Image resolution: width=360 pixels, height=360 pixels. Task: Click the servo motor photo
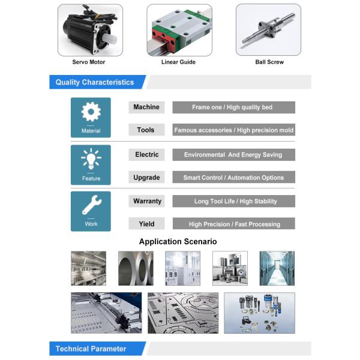[90, 30]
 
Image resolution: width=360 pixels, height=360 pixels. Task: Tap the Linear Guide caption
[178, 62]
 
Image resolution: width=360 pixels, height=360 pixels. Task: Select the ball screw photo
[268, 30]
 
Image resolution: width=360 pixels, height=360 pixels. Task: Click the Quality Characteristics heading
[95, 82]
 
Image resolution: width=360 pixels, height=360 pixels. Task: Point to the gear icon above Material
[91, 112]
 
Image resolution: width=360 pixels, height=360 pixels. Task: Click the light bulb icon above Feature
[91, 158]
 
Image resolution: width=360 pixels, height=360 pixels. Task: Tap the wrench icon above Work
[92, 205]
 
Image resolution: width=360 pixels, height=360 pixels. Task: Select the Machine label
[146, 107]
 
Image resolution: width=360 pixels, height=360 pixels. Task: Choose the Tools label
[146, 130]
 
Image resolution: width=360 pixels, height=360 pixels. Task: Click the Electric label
[146, 155]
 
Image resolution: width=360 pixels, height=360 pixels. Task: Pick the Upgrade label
[146, 177]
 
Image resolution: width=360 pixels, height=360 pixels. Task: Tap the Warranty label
[146, 201]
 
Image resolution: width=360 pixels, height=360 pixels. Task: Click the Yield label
[146, 224]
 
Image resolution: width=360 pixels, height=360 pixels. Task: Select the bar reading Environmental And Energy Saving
[234, 155]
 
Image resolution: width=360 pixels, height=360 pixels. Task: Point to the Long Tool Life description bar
[234, 201]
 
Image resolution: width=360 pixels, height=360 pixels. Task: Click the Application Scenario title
[178, 242]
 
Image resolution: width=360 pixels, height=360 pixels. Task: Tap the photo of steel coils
[136, 268]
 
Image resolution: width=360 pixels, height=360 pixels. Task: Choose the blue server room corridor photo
[277, 268]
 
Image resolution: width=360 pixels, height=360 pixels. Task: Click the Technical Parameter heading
[91, 349]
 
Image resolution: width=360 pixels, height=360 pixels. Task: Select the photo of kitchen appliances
[230, 268]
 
